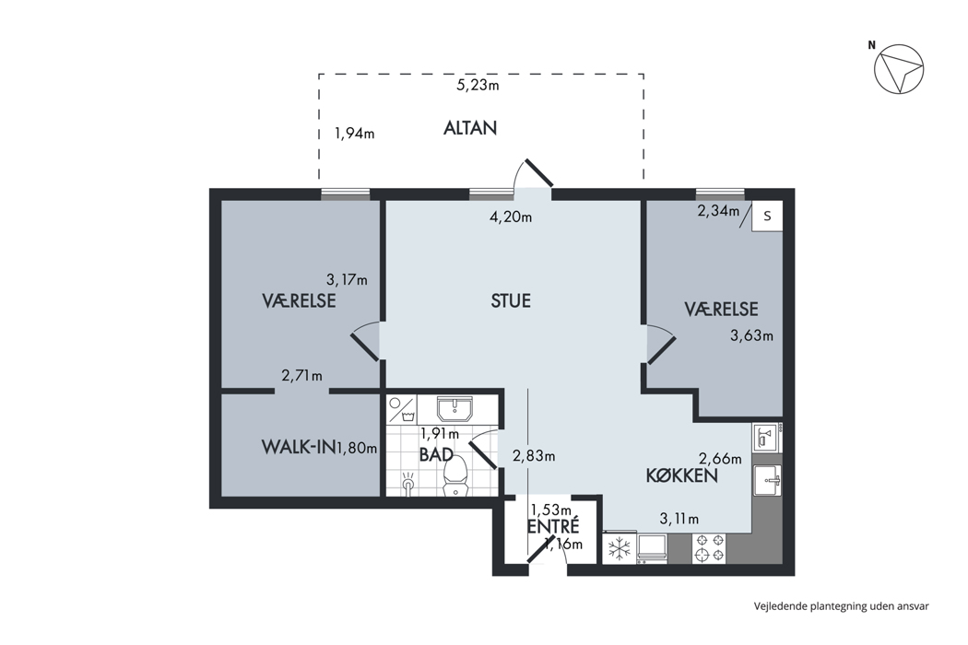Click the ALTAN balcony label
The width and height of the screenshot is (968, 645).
470,128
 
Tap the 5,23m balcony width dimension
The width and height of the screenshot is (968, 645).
478,85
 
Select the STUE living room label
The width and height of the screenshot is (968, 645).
511,300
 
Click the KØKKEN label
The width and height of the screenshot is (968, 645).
681,475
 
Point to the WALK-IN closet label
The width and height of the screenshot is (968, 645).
298,447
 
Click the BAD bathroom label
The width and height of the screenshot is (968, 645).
436,455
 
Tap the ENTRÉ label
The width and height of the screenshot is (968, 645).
553,526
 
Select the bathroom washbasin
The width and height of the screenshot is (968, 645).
454,408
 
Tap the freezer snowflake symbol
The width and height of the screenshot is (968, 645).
619,548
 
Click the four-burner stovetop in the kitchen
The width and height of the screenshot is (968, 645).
709,548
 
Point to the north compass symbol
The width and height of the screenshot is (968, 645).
899,68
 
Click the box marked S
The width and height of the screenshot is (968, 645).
767,216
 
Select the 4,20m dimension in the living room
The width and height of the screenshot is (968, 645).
511,217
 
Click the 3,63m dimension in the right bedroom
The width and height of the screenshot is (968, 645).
752,335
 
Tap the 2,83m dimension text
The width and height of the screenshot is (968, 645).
534,456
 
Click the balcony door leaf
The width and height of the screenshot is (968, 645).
538,173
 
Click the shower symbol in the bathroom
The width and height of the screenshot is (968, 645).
408,483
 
